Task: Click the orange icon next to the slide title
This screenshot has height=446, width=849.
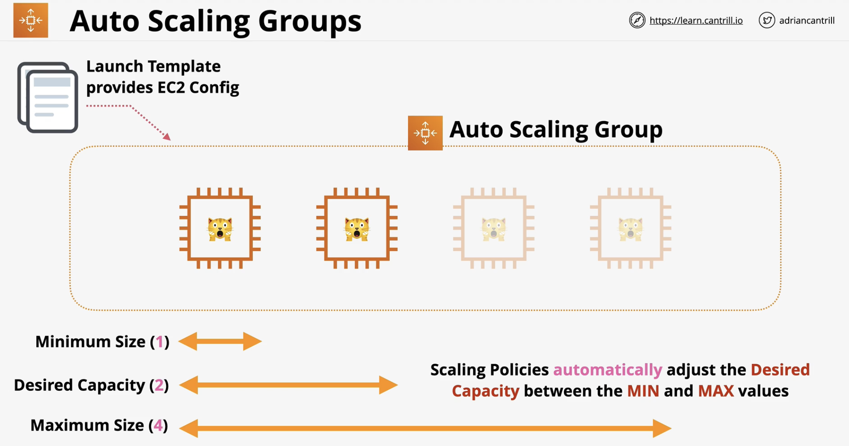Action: [x=31, y=20]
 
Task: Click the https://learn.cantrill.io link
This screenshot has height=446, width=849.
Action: [x=696, y=21]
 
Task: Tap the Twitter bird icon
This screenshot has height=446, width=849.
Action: [x=767, y=20]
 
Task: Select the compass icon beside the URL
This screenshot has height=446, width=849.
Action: [x=637, y=20]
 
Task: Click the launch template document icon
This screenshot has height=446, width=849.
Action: [x=47, y=97]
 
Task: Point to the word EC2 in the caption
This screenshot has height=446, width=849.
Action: [x=171, y=87]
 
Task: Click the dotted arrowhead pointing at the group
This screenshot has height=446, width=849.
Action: [x=166, y=136]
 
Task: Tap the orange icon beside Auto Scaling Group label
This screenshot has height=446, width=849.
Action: [x=425, y=133]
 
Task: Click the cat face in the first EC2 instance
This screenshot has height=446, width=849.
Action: [x=220, y=229]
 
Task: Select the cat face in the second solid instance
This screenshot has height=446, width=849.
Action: [x=357, y=229]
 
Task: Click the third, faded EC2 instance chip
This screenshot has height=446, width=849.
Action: [x=494, y=228]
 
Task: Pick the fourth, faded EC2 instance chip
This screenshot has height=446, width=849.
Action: [x=631, y=228]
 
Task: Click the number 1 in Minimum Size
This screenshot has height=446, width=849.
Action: [x=160, y=342]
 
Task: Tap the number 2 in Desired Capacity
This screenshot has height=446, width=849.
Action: [x=159, y=385]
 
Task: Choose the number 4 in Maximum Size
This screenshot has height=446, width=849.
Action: [x=158, y=425]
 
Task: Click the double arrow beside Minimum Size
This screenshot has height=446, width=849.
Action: [x=220, y=342]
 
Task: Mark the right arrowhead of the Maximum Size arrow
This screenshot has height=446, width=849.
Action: [x=662, y=428]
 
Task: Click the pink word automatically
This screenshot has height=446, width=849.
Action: [x=608, y=370]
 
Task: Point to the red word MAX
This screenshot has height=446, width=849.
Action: [x=716, y=391]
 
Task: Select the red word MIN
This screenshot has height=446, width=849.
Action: [x=643, y=391]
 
